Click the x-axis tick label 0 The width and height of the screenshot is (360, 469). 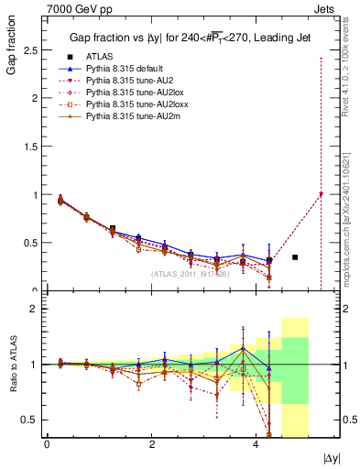(x=47, y=443)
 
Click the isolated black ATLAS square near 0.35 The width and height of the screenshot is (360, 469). (x=295, y=257)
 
